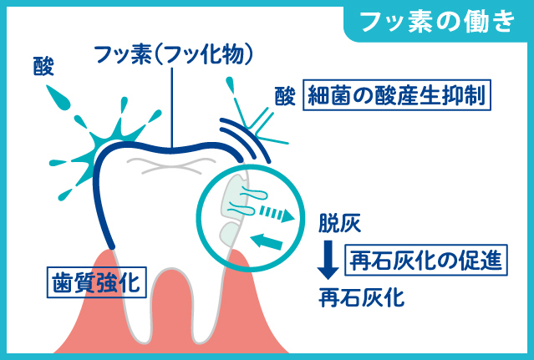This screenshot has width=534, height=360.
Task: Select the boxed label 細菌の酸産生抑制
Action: tap(397, 94)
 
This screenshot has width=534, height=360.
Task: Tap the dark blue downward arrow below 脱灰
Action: tap(328, 259)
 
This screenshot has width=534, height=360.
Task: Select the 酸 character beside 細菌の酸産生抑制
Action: tap(284, 96)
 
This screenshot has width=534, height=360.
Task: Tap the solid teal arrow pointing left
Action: tap(267, 242)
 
